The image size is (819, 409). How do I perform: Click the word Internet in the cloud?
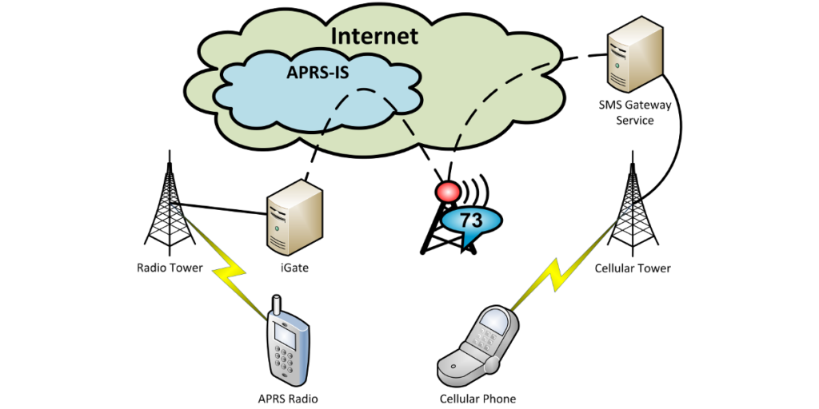pos(374,36)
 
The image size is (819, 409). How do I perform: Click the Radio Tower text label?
pos(169,268)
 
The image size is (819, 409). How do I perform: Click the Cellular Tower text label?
pos(633,268)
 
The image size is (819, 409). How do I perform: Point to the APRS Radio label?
pos(289,398)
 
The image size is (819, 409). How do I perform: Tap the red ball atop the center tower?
pos(445,193)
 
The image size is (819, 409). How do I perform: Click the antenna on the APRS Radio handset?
pos(276,307)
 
